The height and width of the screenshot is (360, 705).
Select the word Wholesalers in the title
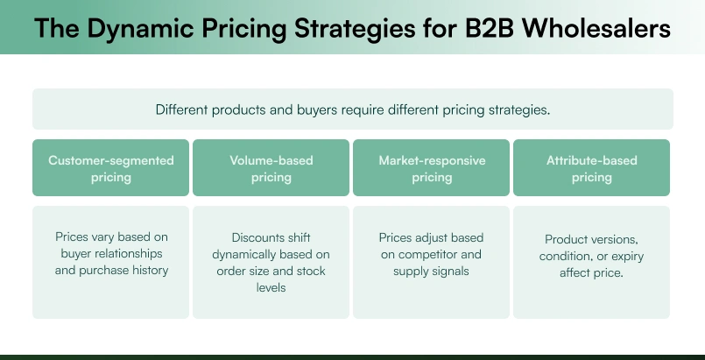click(596, 30)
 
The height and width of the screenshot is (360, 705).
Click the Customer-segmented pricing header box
click(111, 168)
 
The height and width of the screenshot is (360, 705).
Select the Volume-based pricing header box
click(271, 168)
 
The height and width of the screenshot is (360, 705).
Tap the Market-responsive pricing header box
click(432, 168)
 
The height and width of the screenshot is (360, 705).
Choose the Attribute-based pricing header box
click(592, 168)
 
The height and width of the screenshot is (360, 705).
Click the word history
click(146, 271)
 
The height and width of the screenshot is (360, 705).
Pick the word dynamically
click(244, 254)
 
